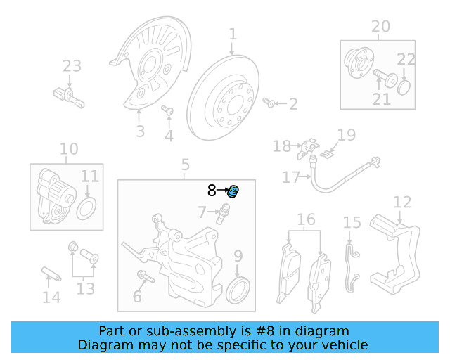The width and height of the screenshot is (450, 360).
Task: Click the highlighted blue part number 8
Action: click(234, 191)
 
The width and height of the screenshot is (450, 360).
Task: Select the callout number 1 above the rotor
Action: click(233, 34)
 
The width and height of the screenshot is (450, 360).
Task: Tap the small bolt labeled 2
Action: click(269, 103)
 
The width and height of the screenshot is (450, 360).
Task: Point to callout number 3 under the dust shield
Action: click(140, 131)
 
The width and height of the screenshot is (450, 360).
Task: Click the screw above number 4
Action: click(167, 110)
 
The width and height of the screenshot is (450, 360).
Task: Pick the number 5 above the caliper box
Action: click(185, 165)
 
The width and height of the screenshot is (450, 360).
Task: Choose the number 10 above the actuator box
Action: click(69, 149)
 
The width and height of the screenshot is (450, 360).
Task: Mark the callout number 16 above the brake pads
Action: click(306, 220)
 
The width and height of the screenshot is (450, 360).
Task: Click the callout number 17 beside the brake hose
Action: click(291, 177)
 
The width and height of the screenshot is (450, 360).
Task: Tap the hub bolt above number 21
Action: click(384, 76)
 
